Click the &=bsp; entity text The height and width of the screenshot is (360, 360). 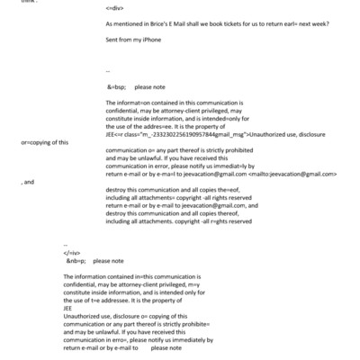[x=117, y=87]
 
